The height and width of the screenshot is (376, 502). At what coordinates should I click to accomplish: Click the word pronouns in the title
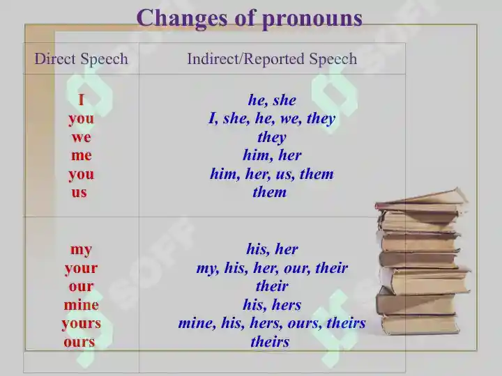click(x=312, y=19)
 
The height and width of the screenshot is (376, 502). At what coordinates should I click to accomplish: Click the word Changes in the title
click(x=182, y=17)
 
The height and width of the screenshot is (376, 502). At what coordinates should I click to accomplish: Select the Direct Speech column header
click(x=82, y=58)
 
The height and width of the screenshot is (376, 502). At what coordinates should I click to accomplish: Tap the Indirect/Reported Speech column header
click(x=272, y=58)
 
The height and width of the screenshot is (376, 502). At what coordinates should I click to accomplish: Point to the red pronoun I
click(x=81, y=100)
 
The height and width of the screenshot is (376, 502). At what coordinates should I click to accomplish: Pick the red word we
click(x=82, y=137)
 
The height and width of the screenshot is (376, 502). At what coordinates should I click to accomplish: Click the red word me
click(x=82, y=156)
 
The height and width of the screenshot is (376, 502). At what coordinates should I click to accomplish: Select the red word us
click(x=79, y=193)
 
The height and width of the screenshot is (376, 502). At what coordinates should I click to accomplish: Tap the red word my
click(x=82, y=250)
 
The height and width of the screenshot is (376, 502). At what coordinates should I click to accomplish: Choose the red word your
click(x=82, y=268)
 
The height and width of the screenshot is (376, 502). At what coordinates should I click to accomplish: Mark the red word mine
click(x=82, y=305)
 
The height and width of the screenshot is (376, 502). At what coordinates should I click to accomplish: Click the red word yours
click(x=82, y=324)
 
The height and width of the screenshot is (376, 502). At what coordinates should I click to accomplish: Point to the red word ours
click(x=79, y=342)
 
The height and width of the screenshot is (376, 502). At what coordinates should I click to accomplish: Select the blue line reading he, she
click(x=272, y=100)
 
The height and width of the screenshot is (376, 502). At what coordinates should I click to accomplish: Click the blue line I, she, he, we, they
click(x=272, y=118)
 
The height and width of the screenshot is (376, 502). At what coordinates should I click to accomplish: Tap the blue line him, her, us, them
click(x=272, y=174)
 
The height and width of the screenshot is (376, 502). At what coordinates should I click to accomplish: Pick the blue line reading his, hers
click(x=272, y=305)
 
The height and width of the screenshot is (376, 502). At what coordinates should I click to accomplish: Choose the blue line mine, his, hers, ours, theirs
click(x=272, y=323)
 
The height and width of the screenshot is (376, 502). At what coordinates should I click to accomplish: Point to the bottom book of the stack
click(x=420, y=325)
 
